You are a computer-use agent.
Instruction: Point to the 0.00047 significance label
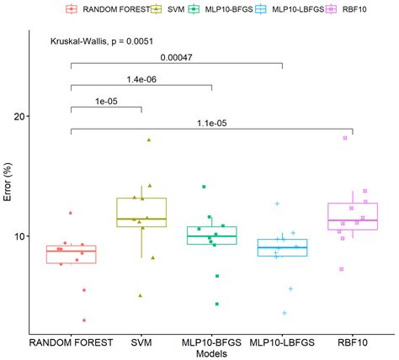(176, 58)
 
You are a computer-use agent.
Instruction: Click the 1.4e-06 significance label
(141, 79)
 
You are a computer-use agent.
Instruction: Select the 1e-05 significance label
(106, 101)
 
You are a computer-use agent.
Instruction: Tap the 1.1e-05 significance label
(211, 123)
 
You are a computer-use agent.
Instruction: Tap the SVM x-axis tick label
(141, 342)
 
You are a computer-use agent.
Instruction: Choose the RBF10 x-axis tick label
(353, 342)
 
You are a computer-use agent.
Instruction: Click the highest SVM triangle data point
(149, 140)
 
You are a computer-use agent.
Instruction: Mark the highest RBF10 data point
(345, 138)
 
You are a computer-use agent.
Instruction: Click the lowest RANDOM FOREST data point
(83, 320)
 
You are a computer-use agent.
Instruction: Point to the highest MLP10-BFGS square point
(203, 187)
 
